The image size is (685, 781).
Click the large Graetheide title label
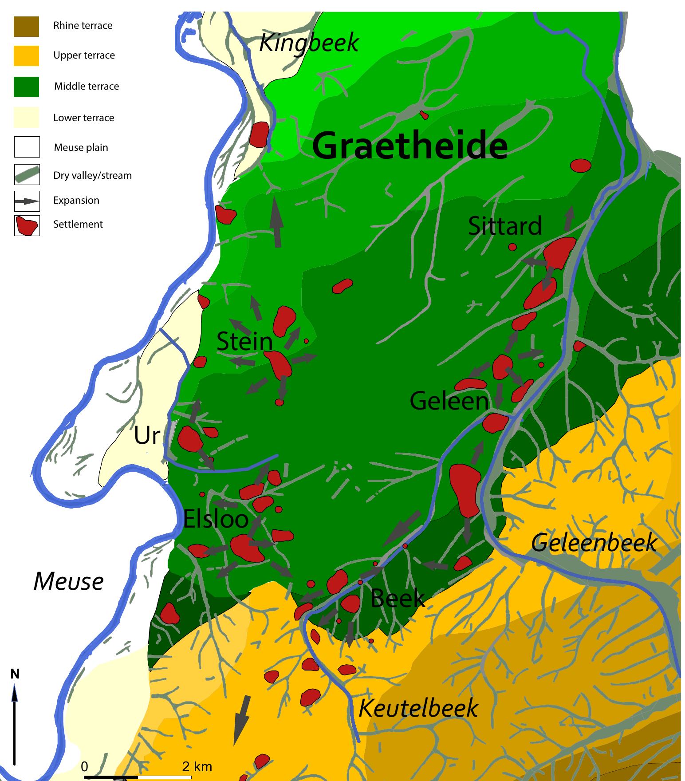(409, 146)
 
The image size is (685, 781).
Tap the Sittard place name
(505, 226)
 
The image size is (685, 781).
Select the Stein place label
(244, 342)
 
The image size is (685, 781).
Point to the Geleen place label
(449, 401)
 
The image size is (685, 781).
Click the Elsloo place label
(216, 518)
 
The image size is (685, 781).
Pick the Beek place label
(398, 598)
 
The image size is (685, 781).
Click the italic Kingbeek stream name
(309, 43)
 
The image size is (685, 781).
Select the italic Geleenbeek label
(594, 542)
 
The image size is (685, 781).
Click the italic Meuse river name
(69, 581)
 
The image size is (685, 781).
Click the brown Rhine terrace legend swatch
(27, 26)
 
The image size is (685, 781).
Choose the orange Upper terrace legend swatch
(27, 56)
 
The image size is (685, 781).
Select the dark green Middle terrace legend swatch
(27, 87)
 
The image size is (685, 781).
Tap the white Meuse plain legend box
(27, 147)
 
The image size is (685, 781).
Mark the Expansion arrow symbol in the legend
(27, 201)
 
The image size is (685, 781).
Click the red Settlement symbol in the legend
(27, 225)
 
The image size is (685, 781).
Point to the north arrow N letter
(15, 674)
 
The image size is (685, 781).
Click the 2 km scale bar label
(197, 766)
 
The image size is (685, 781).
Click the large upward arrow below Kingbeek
(277, 222)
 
